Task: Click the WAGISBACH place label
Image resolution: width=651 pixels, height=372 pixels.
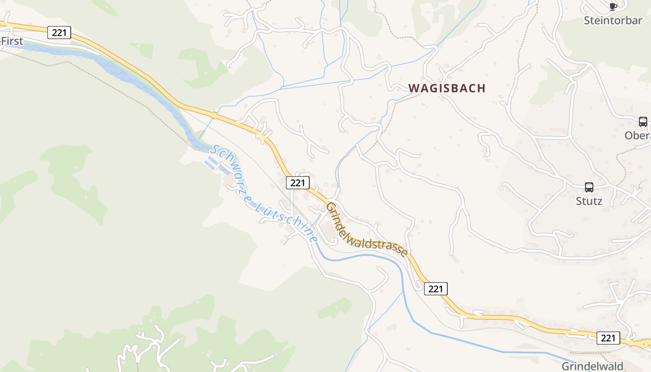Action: pos(447,88)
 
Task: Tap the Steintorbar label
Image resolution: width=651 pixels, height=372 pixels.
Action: pos(613,20)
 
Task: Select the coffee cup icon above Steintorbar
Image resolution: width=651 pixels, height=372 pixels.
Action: pos(613,6)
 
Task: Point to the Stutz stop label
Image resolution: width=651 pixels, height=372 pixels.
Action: pos(589,201)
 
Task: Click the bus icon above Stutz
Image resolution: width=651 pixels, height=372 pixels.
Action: pos(589,187)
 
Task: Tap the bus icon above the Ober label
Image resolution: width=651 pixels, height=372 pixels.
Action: pos(643,122)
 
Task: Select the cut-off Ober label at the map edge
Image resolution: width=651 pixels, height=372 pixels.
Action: pos(638,135)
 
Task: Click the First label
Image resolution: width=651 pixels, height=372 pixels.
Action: pos(12,41)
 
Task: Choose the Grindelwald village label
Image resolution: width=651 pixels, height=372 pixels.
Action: pos(592,366)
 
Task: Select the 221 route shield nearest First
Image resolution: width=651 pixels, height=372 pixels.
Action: pos(60,33)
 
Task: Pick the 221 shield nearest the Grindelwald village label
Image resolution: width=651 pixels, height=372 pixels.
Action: pos(608,338)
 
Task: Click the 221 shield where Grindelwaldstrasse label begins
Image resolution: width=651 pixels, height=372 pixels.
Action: pos(298,183)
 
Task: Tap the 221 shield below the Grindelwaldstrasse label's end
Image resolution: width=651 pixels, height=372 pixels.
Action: pos(436,289)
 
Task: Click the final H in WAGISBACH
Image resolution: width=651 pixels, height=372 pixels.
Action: pos(481,88)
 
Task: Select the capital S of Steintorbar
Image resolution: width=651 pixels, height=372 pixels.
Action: pos(587,20)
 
